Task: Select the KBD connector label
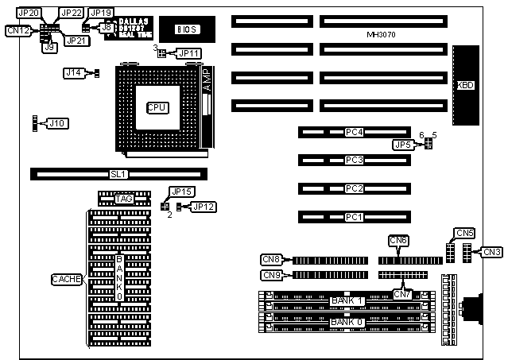click(465, 85)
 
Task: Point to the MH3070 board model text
click(382, 35)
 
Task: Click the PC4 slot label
click(355, 132)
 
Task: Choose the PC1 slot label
click(355, 217)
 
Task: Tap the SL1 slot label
click(118, 174)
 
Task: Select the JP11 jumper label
click(190, 53)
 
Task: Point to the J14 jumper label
click(74, 73)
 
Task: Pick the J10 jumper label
click(57, 123)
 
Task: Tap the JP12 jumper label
click(204, 207)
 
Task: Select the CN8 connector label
click(271, 259)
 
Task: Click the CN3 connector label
click(493, 252)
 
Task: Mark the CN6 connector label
click(398, 240)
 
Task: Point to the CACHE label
click(67, 279)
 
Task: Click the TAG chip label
click(123, 199)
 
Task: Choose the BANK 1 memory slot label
click(347, 300)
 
